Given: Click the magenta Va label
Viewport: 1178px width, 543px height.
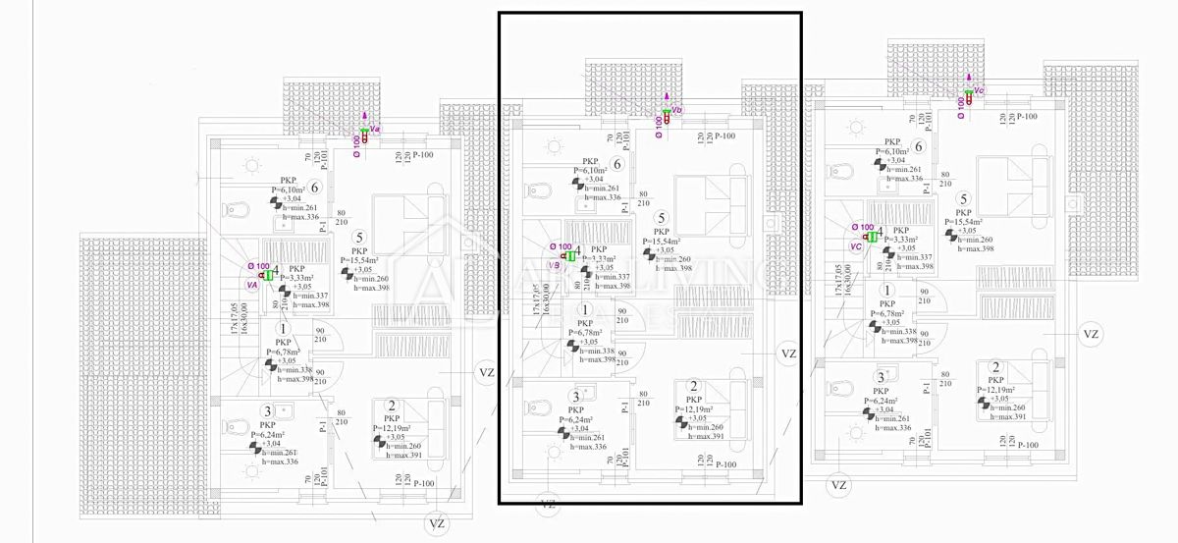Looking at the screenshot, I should [375, 128].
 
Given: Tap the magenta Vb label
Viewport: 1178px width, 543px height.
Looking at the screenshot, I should [676, 109].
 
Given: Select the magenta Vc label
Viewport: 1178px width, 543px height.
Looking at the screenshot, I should [979, 90].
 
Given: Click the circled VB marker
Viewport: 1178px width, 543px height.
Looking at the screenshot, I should [554, 264].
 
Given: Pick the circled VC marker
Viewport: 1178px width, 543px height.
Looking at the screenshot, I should [856, 245].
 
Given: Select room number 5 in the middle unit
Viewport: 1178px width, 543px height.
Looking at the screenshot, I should [662, 218].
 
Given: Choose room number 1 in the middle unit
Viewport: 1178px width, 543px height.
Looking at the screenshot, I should [585, 310].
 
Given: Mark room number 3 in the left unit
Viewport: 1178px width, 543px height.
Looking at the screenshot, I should [266, 411].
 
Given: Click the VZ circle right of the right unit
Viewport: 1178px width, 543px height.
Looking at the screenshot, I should [1090, 334].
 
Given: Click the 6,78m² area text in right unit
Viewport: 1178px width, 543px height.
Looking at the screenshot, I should [889, 313].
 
